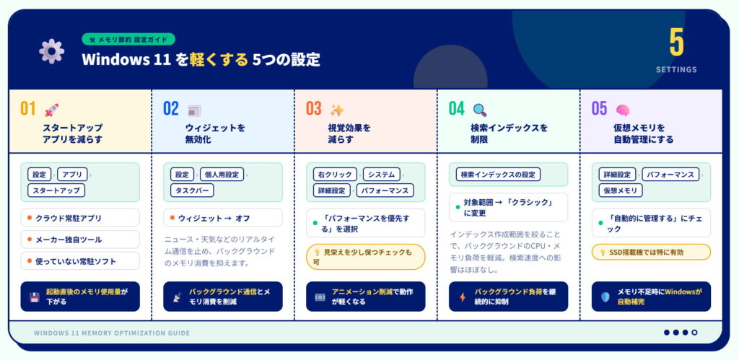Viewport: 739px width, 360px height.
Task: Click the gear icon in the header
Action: (51, 51)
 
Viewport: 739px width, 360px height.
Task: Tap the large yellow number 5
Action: (676, 43)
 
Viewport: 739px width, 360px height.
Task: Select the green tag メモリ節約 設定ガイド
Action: (128, 40)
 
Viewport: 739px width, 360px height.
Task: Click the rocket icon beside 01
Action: (51, 110)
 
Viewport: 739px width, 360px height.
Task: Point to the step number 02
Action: (171, 109)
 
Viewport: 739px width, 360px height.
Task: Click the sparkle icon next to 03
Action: (336, 110)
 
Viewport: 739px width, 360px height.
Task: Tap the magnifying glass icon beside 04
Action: (480, 110)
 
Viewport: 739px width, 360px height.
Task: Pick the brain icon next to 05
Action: (622, 110)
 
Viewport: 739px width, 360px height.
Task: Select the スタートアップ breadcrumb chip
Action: (56, 190)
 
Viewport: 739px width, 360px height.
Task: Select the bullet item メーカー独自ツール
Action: (80, 240)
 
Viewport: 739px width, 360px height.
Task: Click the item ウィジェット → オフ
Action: (223, 218)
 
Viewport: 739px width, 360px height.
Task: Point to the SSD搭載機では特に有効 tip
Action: (651, 252)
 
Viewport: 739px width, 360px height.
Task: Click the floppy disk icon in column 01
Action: (34, 297)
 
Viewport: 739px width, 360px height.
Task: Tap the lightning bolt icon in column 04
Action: (463, 297)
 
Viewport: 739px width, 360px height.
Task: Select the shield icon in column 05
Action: (605, 297)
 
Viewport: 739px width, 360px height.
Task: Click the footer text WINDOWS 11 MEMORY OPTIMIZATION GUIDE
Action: (112, 333)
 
